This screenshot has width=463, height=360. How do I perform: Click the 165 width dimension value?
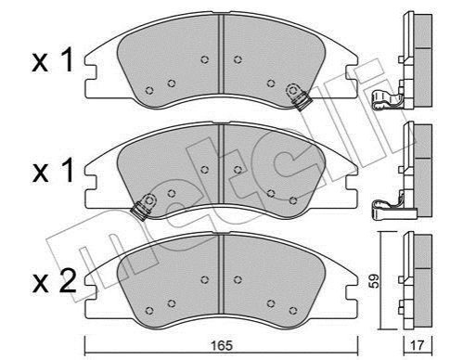coord(223,345)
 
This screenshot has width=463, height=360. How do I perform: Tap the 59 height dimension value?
coord(375,281)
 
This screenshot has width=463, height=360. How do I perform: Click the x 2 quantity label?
coord(55,281)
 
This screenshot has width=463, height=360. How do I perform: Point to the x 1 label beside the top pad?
coord(53,60)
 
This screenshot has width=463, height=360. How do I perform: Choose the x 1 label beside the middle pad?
coord(53,171)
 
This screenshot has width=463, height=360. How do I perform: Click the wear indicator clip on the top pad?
coord(298,96)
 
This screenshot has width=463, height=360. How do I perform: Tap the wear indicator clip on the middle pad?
coord(144,206)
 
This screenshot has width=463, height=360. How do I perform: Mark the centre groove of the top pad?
coord(221,54)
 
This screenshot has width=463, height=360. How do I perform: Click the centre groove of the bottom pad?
coord(221,274)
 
